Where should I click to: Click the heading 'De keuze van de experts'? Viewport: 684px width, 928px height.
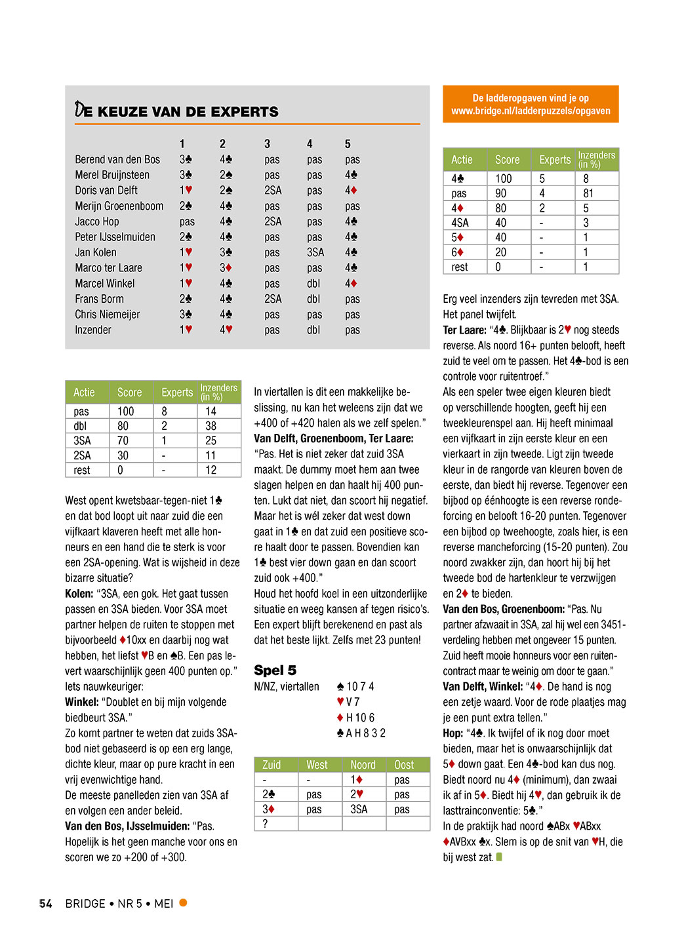click(x=177, y=111)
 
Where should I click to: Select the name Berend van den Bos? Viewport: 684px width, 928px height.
click(x=117, y=159)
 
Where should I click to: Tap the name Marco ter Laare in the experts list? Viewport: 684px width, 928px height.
click(x=108, y=268)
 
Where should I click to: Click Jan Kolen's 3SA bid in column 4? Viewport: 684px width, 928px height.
click(x=315, y=252)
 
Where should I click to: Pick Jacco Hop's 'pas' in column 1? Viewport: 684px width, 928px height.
click(x=187, y=222)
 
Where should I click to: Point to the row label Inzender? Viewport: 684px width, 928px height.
click(x=93, y=330)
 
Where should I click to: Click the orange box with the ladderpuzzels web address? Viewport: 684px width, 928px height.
click(x=531, y=104)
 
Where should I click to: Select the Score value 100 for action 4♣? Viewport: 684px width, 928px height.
click(x=504, y=178)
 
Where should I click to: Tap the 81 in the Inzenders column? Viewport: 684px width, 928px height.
click(x=588, y=193)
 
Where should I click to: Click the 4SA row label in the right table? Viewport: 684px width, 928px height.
click(x=460, y=223)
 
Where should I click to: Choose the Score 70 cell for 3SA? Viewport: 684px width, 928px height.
click(x=123, y=440)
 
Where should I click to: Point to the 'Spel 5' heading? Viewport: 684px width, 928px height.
click(x=275, y=670)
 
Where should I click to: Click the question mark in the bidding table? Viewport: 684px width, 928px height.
click(x=265, y=824)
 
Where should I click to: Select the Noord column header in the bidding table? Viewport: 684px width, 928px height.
click(x=363, y=765)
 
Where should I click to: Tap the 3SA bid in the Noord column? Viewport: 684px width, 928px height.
click(x=359, y=809)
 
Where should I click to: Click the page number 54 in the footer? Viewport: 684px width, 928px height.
click(x=45, y=904)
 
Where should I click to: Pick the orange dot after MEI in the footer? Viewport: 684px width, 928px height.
click(x=184, y=902)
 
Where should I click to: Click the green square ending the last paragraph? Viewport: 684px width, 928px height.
click(x=499, y=857)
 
